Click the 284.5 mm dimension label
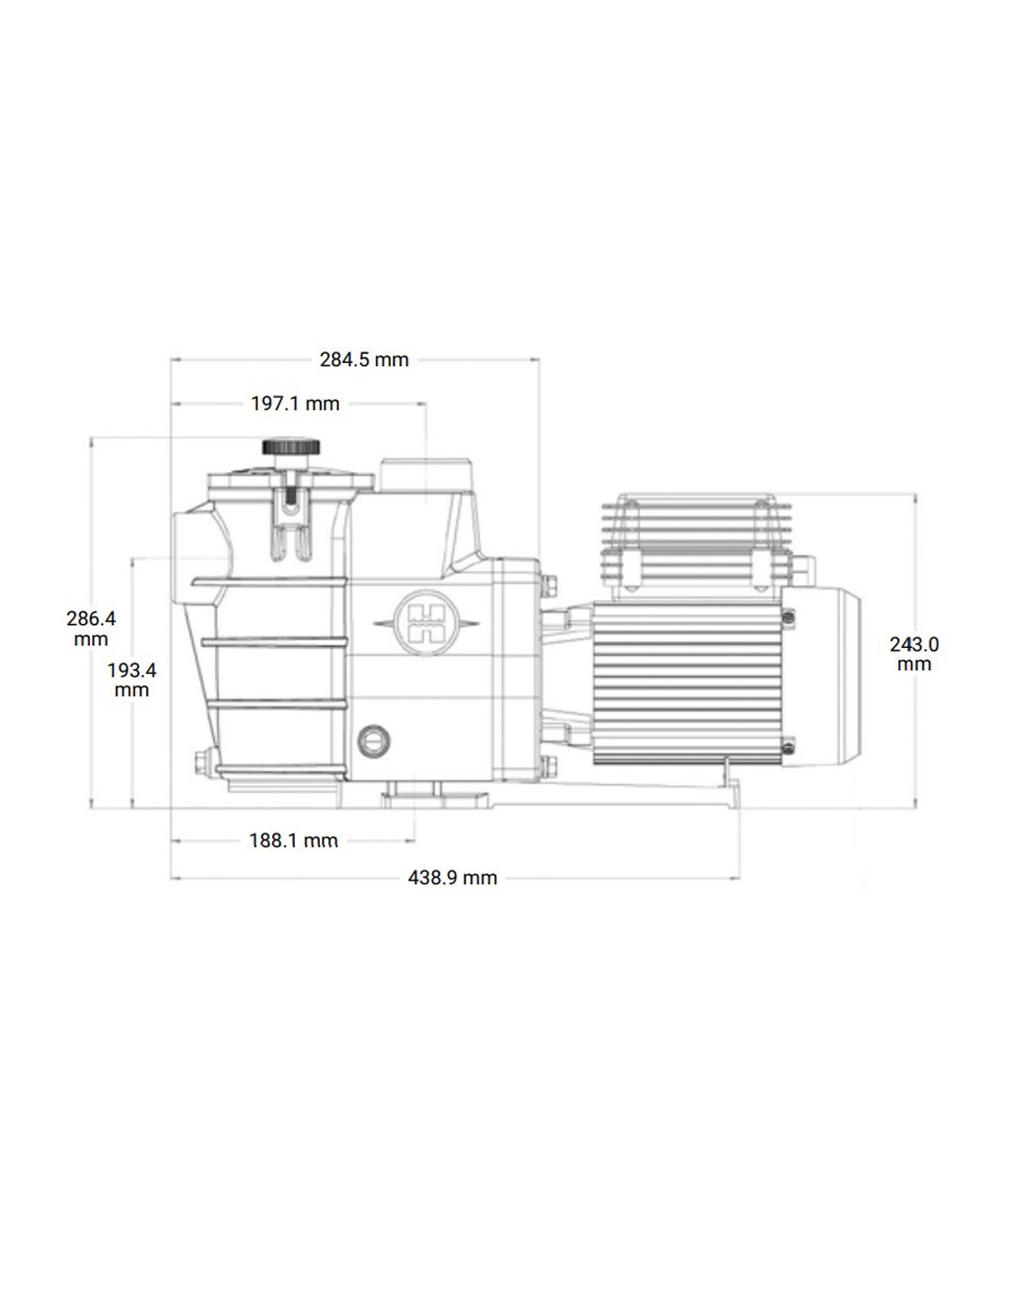click(364, 359)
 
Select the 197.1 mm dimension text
click(295, 403)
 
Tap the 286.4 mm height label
click(91, 629)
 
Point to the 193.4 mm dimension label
click(131, 679)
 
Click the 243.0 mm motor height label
click(914, 654)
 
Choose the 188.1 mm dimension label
click(293, 841)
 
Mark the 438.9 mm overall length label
click(452, 878)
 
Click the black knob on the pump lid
click(291, 447)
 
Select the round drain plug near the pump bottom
click(373, 741)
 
